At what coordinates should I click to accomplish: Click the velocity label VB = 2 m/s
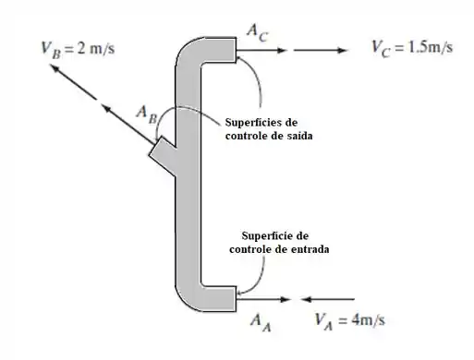[78, 50]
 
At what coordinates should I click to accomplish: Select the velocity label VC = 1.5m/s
[412, 48]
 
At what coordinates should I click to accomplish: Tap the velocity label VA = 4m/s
[350, 321]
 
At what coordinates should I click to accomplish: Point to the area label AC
[258, 33]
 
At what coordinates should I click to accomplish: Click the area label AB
[147, 114]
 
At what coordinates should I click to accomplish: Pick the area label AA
[261, 322]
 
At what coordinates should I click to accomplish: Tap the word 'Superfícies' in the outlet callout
[251, 123]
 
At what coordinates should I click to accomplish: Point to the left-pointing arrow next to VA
[327, 299]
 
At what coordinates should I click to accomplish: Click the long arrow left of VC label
[321, 50]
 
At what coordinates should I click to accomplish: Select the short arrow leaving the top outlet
[261, 50]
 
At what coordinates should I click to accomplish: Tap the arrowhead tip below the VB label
[51, 65]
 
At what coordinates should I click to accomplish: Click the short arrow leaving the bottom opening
[263, 299]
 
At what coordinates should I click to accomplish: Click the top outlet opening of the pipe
[237, 50]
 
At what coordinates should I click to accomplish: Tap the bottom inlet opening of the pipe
[237, 299]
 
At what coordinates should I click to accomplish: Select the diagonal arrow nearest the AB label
[128, 125]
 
